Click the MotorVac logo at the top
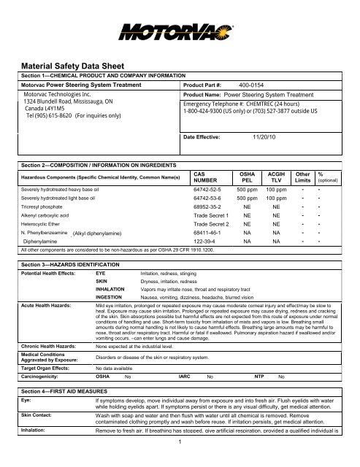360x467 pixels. pos(180,30)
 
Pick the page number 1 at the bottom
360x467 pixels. pos(179,460)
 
